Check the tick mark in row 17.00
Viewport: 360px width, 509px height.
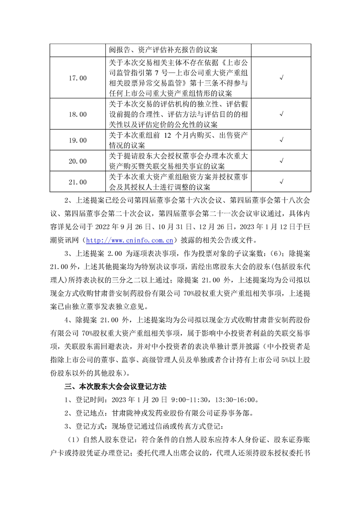(x=281, y=78)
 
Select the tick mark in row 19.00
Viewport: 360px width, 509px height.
(x=281, y=141)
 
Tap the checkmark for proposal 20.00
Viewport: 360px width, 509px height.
(x=281, y=161)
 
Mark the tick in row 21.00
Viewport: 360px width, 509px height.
(x=281, y=182)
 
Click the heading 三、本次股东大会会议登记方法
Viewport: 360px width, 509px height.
(x=115, y=387)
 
